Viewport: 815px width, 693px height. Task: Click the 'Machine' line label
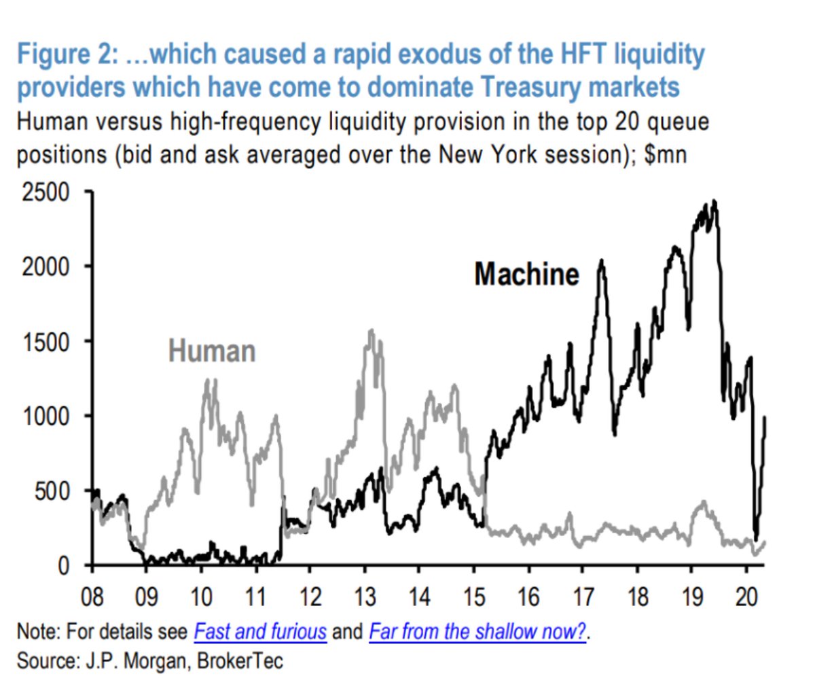pos(526,274)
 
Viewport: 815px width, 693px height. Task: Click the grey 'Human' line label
pos(212,351)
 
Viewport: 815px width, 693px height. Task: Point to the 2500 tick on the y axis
pos(46,192)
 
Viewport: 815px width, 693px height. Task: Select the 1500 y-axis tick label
pos(46,342)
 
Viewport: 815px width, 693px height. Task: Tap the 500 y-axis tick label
pos(52,491)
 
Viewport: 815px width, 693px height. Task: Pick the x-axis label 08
pos(92,597)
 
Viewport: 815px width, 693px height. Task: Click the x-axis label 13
pos(365,597)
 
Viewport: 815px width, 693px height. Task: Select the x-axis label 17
pos(583,597)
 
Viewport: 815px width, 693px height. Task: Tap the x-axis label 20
pos(746,597)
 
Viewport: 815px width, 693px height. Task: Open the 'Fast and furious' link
pos(260,632)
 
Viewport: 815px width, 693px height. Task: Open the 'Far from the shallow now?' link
pos(477,632)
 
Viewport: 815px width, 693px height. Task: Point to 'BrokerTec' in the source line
pos(240,661)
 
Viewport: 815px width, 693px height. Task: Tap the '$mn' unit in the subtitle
pos(666,154)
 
